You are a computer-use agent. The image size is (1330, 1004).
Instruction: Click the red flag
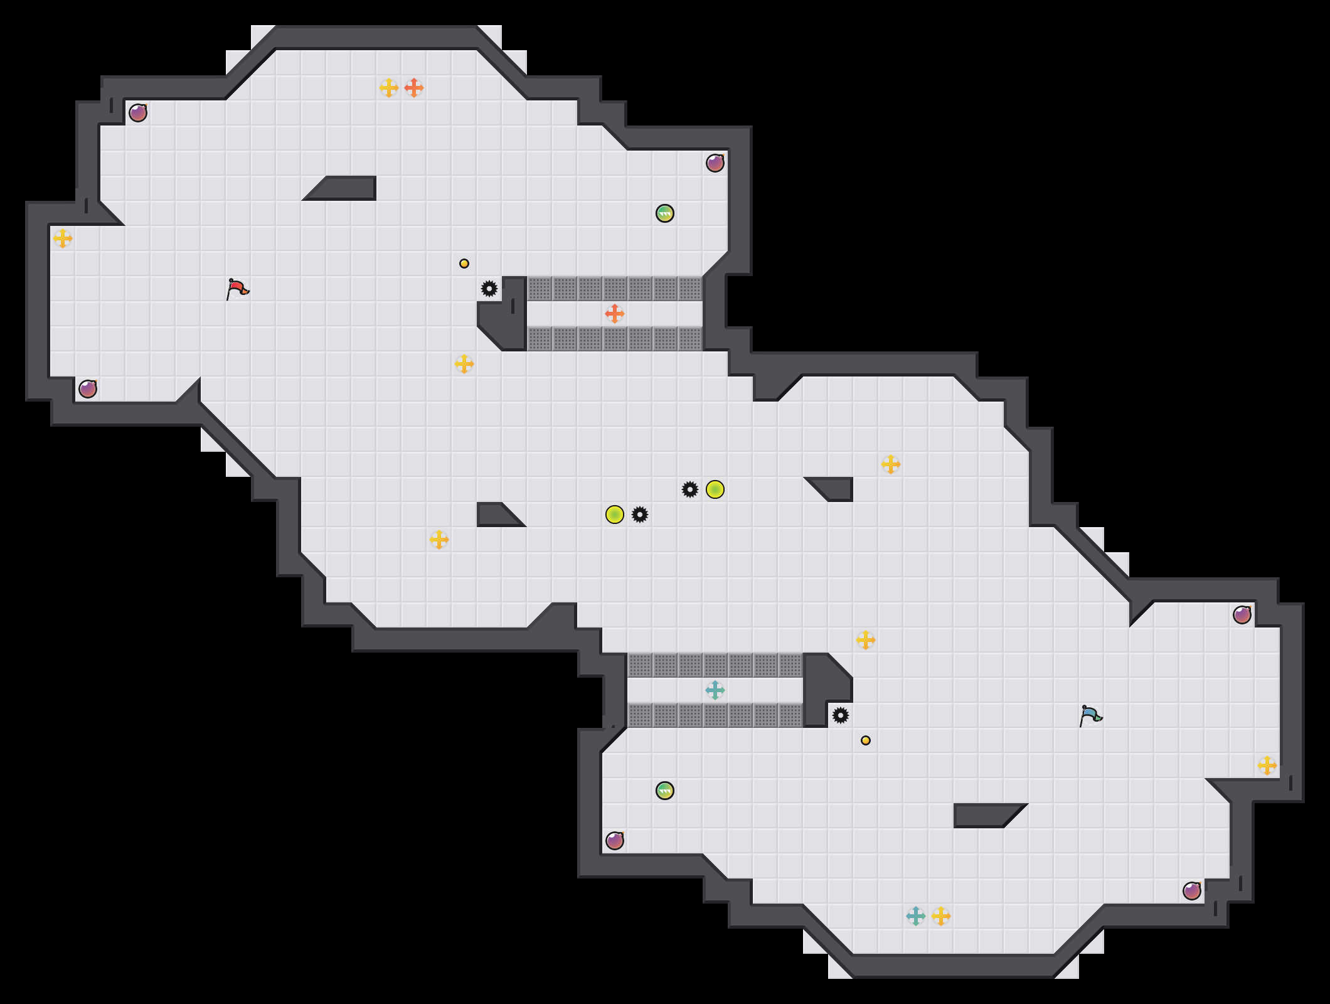pos(237,289)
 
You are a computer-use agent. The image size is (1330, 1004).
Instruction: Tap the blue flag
pos(1090,715)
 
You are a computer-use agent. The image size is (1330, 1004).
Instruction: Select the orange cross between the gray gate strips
pos(615,314)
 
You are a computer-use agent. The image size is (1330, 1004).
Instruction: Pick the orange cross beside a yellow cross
pos(414,88)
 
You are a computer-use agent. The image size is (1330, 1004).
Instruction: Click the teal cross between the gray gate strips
pos(715,690)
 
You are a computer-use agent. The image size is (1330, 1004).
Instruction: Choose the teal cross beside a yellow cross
pos(916,916)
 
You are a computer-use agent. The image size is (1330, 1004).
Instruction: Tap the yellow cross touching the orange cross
pos(389,88)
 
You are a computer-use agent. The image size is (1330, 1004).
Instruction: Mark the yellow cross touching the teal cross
pos(941,916)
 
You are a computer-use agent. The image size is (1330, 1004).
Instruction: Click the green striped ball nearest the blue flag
pos(665,791)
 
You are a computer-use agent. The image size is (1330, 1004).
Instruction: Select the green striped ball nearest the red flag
pos(665,213)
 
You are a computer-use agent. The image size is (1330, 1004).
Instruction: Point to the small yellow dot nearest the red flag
pos(464,264)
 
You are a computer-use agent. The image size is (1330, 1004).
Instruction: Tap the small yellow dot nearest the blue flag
pos(866,740)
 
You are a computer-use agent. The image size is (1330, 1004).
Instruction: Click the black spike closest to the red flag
pos(489,289)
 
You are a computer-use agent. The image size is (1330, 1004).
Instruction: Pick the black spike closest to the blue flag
pos(841,715)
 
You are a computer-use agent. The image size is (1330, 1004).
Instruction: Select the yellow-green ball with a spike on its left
pos(715,489)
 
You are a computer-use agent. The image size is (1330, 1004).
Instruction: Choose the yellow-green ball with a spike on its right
pos(615,515)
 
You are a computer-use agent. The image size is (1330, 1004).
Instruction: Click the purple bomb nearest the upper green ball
pos(715,163)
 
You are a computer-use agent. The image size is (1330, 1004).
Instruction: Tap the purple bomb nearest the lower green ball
pos(615,841)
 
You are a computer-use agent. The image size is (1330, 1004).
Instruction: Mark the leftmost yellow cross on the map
pos(63,238)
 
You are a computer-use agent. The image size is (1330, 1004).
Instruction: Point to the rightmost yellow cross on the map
pos(1267,766)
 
